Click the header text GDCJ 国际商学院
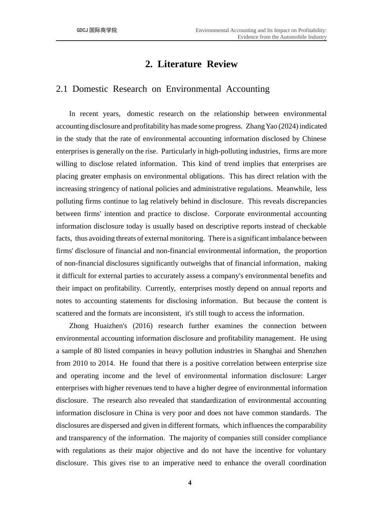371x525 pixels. (97, 30)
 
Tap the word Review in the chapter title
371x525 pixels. (222, 64)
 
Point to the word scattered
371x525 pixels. (69, 313)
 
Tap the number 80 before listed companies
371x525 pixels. (98, 351)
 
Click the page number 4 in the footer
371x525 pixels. (190, 483)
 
